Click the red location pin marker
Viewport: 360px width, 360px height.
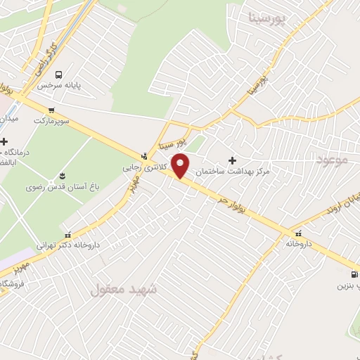click(x=181, y=166)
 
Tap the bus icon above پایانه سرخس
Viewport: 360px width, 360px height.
click(x=58, y=75)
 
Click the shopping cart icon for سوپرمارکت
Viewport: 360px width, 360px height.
click(x=51, y=110)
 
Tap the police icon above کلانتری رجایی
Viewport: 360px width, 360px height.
click(x=144, y=156)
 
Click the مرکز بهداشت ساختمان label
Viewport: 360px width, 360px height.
click(x=233, y=171)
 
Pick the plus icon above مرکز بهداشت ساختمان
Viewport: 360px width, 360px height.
click(x=232, y=160)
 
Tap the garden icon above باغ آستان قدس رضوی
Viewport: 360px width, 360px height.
click(x=63, y=175)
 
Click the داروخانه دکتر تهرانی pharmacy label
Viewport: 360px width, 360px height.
click(x=68, y=245)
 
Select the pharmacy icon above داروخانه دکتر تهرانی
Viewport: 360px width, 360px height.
click(x=68, y=234)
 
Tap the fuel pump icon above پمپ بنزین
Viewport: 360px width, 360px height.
click(x=353, y=274)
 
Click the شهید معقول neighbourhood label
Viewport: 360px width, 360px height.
click(x=124, y=289)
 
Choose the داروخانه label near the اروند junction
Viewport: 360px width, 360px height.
click(x=298, y=243)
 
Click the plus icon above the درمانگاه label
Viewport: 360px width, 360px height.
click(x=5, y=141)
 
